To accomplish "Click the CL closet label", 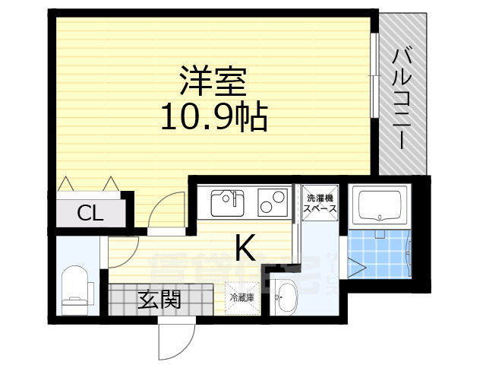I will click(x=90, y=214).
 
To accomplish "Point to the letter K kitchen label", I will click(x=244, y=246).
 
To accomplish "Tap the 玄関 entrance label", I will click(x=159, y=300).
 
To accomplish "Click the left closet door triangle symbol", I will click(x=66, y=183).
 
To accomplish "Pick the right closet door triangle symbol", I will click(x=112, y=183).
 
